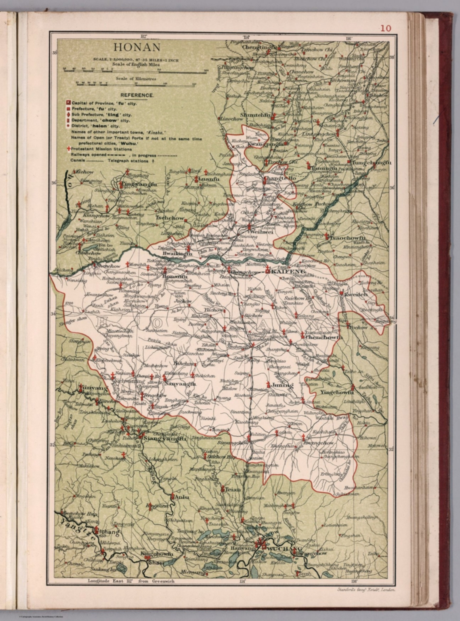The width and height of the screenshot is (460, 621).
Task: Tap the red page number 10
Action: click(x=385, y=28)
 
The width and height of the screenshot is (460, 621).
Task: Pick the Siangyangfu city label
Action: click(x=165, y=438)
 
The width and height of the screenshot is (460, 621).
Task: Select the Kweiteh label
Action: click(x=356, y=295)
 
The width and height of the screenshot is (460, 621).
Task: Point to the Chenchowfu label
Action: click(x=324, y=337)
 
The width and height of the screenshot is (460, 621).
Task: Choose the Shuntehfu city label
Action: click(x=255, y=115)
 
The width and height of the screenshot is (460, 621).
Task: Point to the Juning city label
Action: click(x=282, y=385)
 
